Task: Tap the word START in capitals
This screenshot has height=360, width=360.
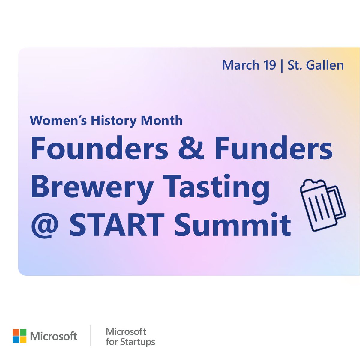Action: pyautogui.click(x=117, y=225)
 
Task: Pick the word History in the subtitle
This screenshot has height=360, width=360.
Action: pyautogui.click(x=114, y=120)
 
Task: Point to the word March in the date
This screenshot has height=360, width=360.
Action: pyautogui.click(x=241, y=65)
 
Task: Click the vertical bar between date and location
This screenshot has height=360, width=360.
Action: pyautogui.click(x=282, y=65)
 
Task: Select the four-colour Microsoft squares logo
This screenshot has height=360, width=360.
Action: pyautogui.click(x=19, y=336)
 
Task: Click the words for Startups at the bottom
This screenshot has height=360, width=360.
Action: pyautogui.click(x=130, y=342)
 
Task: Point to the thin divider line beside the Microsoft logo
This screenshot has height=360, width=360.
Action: pyautogui.click(x=91, y=336)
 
